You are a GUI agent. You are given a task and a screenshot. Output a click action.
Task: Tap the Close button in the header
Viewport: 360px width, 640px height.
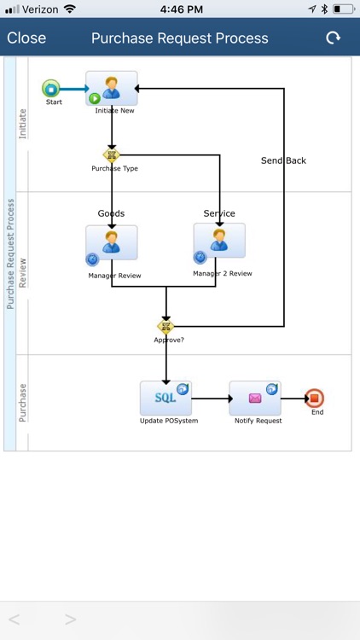pos(26,38)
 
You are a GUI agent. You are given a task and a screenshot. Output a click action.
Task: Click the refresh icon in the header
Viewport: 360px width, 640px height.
pos(333,38)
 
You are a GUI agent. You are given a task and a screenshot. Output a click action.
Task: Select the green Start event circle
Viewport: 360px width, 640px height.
pos(51,88)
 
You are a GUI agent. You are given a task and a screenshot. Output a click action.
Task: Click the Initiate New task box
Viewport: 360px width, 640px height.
pos(112,89)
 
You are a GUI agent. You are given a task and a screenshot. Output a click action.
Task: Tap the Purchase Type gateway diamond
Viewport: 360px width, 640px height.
pos(111,155)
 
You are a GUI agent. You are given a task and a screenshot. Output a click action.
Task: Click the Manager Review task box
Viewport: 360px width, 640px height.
pos(112,242)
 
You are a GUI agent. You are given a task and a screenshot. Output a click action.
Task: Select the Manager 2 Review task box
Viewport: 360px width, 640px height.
pos(219,241)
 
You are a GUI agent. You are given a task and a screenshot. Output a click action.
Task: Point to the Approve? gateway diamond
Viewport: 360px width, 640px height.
pos(165,326)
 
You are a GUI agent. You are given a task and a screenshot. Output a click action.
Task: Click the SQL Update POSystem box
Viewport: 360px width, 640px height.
pos(165,398)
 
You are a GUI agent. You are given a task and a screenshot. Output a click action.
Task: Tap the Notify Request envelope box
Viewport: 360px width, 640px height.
pos(255,398)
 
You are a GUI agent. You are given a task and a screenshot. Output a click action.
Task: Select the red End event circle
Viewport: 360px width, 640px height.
pos(315,398)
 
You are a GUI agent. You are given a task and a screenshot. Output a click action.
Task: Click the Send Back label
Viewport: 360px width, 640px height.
pos(283,160)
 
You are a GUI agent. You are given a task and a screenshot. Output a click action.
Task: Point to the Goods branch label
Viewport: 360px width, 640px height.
pos(111,213)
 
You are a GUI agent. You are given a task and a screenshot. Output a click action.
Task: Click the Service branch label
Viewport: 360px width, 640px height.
pos(219,213)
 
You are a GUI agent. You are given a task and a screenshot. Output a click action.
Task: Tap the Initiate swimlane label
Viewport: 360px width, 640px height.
pos(22,124)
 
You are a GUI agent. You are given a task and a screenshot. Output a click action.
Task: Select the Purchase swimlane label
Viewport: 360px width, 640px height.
pos(22,403)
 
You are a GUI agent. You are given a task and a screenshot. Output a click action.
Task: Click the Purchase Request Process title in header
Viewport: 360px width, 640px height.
pos(179,38)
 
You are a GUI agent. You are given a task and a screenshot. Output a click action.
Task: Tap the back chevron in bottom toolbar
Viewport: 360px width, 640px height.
pos(15,619)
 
